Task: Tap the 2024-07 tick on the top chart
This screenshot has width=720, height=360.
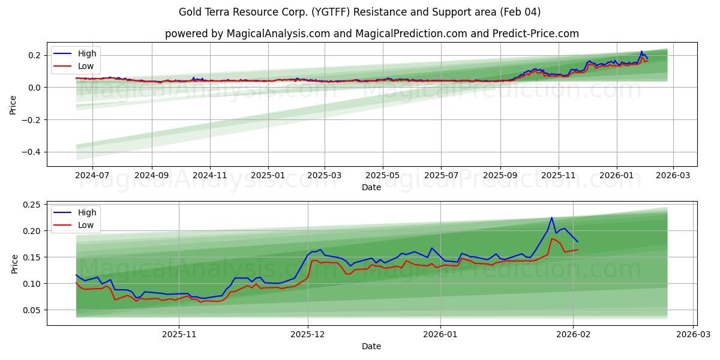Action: click(92, 176)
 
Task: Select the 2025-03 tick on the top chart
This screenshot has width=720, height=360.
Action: click(325, 176)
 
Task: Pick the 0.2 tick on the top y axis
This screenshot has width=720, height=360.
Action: click(35, 55)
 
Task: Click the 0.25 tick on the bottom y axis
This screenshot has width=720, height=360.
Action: click(31, 205)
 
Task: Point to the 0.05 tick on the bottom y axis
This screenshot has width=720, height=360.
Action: click(31, 310)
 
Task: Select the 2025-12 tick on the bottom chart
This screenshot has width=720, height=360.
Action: click(308, 334)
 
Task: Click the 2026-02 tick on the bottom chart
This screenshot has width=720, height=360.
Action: click(574, 334)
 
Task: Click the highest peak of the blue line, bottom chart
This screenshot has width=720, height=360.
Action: click(551, 218)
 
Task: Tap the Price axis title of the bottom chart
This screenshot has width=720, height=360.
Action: click(14, 263)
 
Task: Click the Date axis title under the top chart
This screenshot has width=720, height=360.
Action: click(371, 187)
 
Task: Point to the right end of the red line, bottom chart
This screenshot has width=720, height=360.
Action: click(577, 250)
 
